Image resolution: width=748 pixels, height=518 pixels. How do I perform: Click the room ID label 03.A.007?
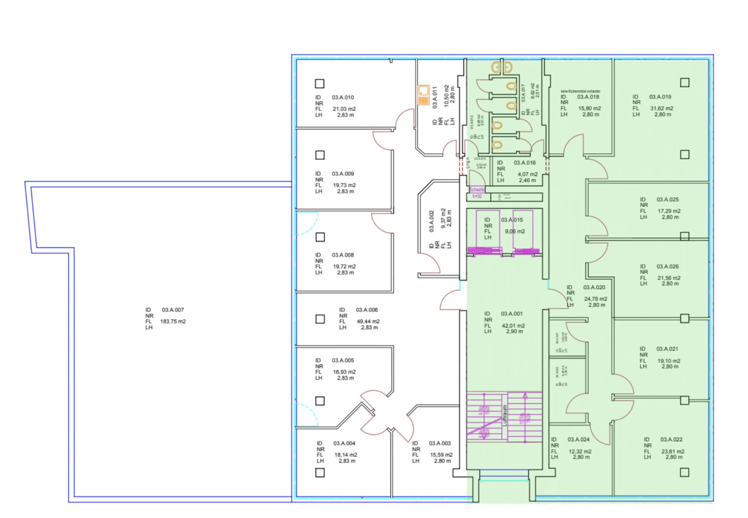point(173,310)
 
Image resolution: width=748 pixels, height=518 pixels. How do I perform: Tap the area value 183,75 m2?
point(173,322)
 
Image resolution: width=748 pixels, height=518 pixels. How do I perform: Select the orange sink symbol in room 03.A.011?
point(424,95)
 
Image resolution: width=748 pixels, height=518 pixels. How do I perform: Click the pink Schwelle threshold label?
point(477,190)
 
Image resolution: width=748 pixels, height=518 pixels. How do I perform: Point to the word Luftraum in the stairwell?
point(505,415)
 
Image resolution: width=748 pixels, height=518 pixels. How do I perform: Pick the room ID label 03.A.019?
point(660,97)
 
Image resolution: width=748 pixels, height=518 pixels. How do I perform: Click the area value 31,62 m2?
point(662,108)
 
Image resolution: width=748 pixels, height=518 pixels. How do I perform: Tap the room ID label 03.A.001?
point(512,314)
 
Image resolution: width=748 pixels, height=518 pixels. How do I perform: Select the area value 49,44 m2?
point(368,322)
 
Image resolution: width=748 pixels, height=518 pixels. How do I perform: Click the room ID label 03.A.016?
point(525,163)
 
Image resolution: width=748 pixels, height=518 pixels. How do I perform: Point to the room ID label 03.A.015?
point(512,220)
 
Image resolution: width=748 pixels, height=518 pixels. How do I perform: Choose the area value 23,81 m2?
point(673,452)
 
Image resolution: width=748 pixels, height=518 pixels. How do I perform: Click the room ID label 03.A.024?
point(578,439)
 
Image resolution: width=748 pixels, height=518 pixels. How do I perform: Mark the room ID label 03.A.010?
point(343,97)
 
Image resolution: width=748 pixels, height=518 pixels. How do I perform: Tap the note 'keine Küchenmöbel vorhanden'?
point(581,91)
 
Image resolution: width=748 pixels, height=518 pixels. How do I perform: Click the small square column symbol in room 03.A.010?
point(320,84)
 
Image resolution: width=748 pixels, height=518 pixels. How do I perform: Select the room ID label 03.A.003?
point(440,443)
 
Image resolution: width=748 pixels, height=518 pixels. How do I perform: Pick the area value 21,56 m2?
point(669,278)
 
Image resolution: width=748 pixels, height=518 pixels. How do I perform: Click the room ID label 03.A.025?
point(668,200)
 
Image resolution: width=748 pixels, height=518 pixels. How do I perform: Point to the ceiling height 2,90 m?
point(514,331)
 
